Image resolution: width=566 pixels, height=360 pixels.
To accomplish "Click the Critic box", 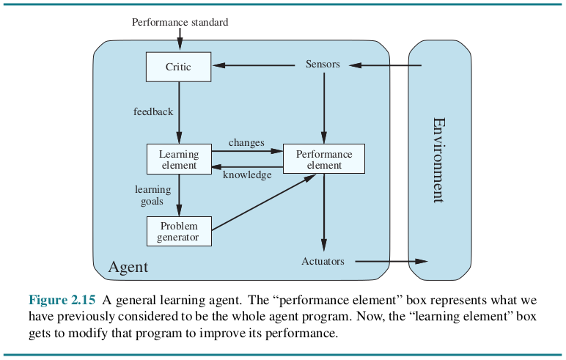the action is [x=178, y=67].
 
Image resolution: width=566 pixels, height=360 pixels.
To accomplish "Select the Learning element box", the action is [x=179, y=159].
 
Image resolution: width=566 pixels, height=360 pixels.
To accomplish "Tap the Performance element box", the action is [x=324, y=159].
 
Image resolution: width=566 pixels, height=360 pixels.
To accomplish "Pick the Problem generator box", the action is [x=179, y=232].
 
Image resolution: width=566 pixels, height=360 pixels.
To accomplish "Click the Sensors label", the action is [x=323, y=64].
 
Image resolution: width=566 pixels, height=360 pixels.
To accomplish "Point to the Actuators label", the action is [x=323, y=261].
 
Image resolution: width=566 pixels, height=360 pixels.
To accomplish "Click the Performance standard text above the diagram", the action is [x=180, y=23].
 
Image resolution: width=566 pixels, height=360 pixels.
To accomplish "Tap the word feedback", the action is [x=153, y=111].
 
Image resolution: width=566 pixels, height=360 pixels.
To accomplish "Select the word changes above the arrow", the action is [x=246, y=143].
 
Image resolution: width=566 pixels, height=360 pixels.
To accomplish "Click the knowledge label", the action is [x=247, y=175].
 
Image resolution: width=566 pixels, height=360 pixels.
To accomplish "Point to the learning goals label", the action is [x=152, y=195].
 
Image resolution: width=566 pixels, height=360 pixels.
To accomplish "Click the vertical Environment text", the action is [x=438, y=160].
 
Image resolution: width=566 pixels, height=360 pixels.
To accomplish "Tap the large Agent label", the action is [x=128, y=267].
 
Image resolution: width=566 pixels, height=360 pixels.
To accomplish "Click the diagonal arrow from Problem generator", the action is [x=264, y=202].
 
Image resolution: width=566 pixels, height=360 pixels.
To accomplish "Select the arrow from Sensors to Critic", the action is [x=254, y=65].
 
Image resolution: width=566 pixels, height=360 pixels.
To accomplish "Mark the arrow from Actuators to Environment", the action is [x=392, y=261].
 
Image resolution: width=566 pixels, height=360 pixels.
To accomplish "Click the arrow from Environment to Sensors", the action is [x=385, y=65].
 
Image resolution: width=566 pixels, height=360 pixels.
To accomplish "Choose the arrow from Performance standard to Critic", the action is [x=180, y=39].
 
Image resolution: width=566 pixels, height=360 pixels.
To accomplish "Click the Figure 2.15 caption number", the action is [x=62, y=300].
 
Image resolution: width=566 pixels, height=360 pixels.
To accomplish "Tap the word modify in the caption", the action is [x=88, y=333].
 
